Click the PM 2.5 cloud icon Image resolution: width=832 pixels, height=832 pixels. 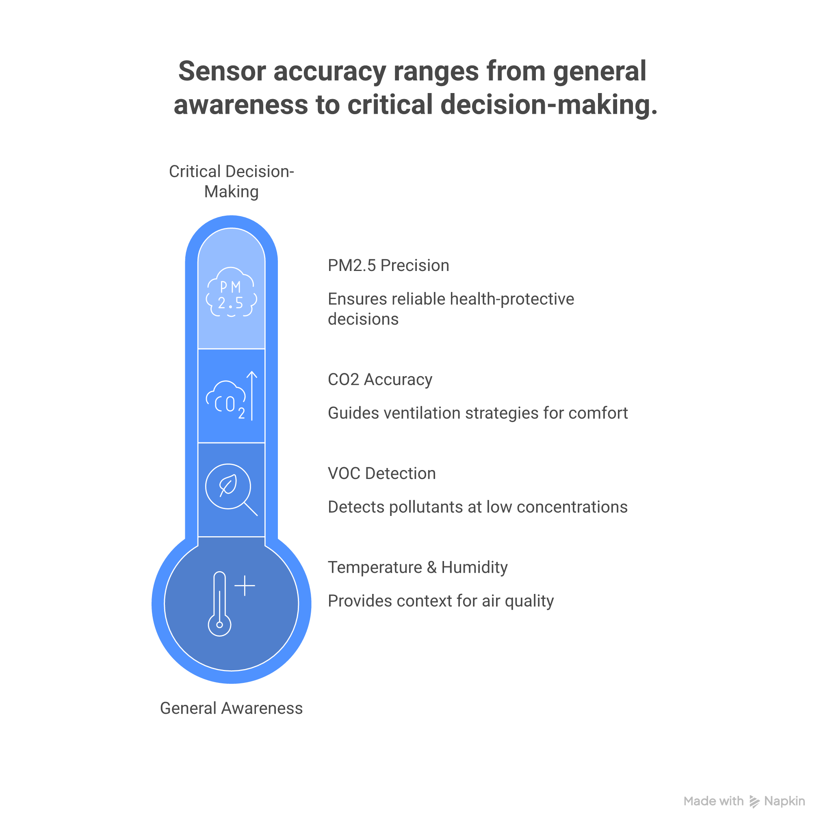click(x=231, y=292)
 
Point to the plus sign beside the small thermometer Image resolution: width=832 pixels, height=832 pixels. click(x=245, y=586)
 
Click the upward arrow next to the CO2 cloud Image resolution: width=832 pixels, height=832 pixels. click(x=252, y=395)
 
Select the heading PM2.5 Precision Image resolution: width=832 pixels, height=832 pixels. click(x=388, y=265)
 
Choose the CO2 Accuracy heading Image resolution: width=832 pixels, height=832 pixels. click(x=380, y=379)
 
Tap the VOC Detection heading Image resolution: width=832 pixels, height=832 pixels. click(x=381, y=473)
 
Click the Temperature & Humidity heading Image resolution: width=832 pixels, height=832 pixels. click(x=417, y=567)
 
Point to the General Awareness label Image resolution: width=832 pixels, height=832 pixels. click(x=231, y=708)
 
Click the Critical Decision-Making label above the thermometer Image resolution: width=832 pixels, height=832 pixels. click(x=231, y=181)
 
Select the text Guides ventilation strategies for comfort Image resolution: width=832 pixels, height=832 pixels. click(x=478, y=413)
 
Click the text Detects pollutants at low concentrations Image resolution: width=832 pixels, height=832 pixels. click(x=478, y=507)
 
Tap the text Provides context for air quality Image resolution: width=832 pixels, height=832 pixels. click(x=440, y=601)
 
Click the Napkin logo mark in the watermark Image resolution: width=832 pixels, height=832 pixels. click(x=754, y=802)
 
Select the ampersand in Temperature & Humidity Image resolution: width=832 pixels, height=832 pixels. click(x=431, y=568)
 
